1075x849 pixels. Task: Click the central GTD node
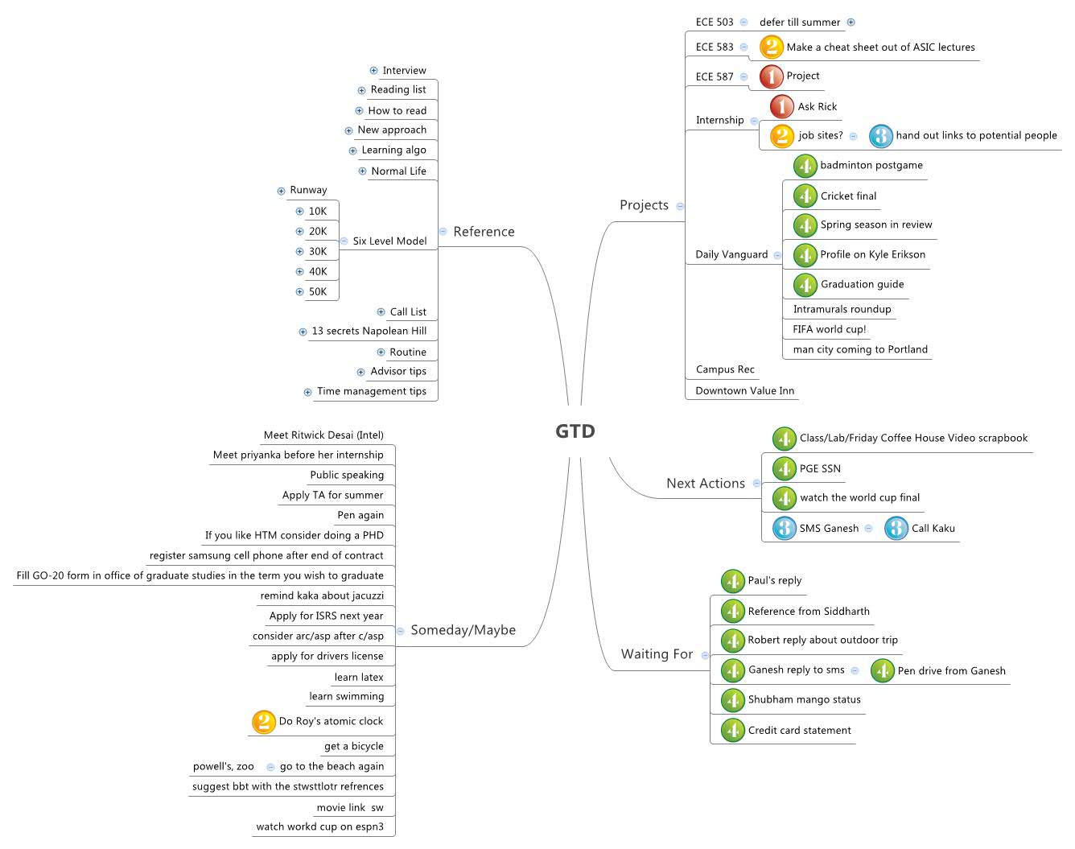(575, 431)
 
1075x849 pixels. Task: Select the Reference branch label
(484, 232)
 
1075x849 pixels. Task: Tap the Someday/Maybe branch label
(463, 630)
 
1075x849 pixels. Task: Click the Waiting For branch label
(657, 654)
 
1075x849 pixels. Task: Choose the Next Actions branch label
(705, 484)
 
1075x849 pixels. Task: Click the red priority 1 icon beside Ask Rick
(781, 106)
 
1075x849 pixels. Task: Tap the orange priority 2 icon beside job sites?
(781, 136)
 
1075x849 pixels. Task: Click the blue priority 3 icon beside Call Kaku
(896, 529)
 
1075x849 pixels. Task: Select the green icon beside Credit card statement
(732, 731)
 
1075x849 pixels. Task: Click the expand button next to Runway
(281, 191)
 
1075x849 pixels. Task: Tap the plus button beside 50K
(299, 292)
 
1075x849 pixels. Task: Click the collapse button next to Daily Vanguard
(777, 255)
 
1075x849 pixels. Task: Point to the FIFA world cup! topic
(829, 329)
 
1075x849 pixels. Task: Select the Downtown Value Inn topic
(744, 391)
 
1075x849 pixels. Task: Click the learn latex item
(359, 678)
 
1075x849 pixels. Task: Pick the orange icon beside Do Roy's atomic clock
(263, 722)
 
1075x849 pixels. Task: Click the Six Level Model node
(389, 241)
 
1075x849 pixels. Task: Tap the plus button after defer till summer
(851, 23)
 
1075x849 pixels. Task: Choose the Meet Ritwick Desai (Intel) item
(323, 435)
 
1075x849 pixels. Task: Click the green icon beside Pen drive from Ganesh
(882, 671)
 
